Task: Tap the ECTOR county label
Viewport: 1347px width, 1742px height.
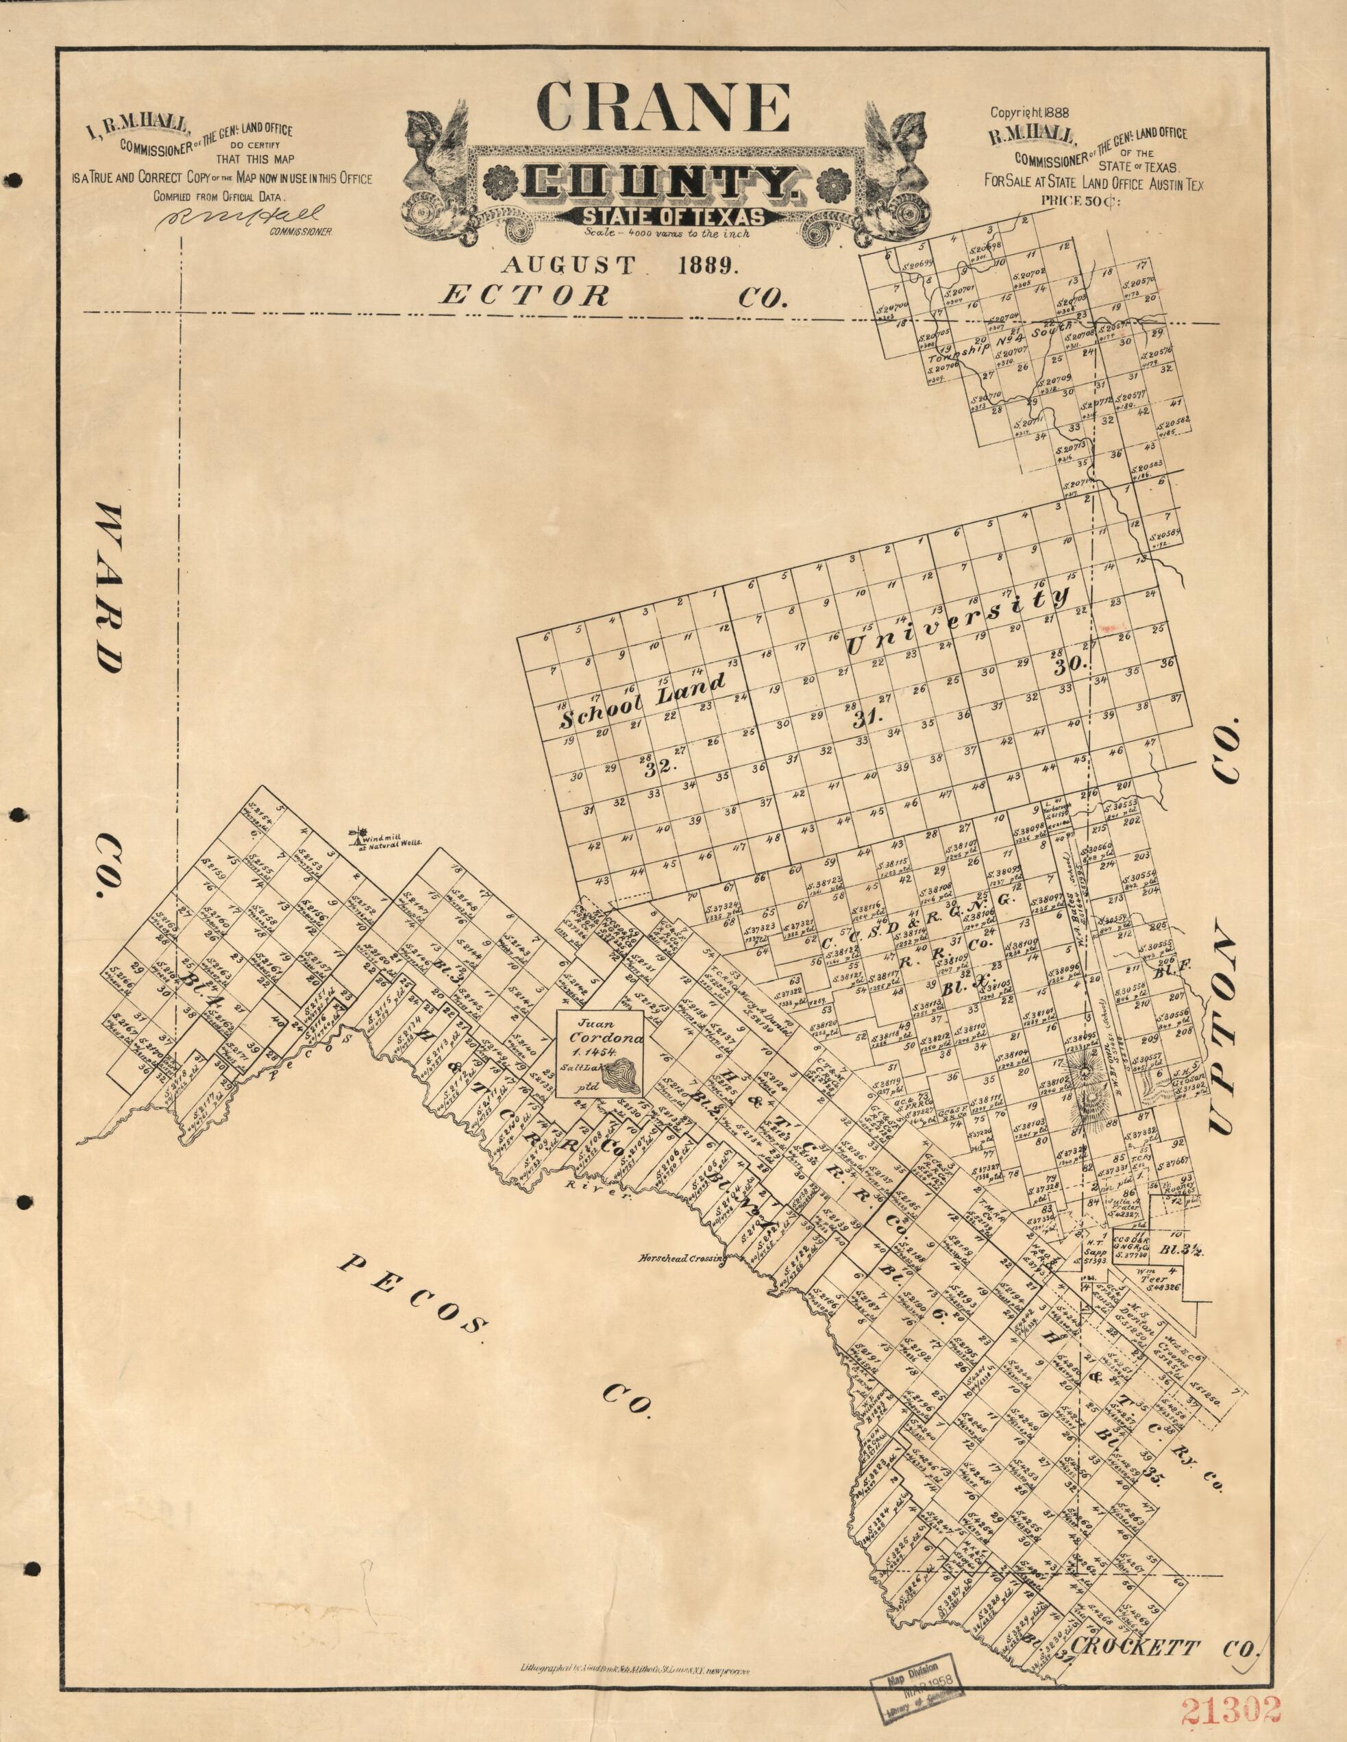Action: (525, 297)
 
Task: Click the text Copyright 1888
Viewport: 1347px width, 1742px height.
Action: (1039, 112)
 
